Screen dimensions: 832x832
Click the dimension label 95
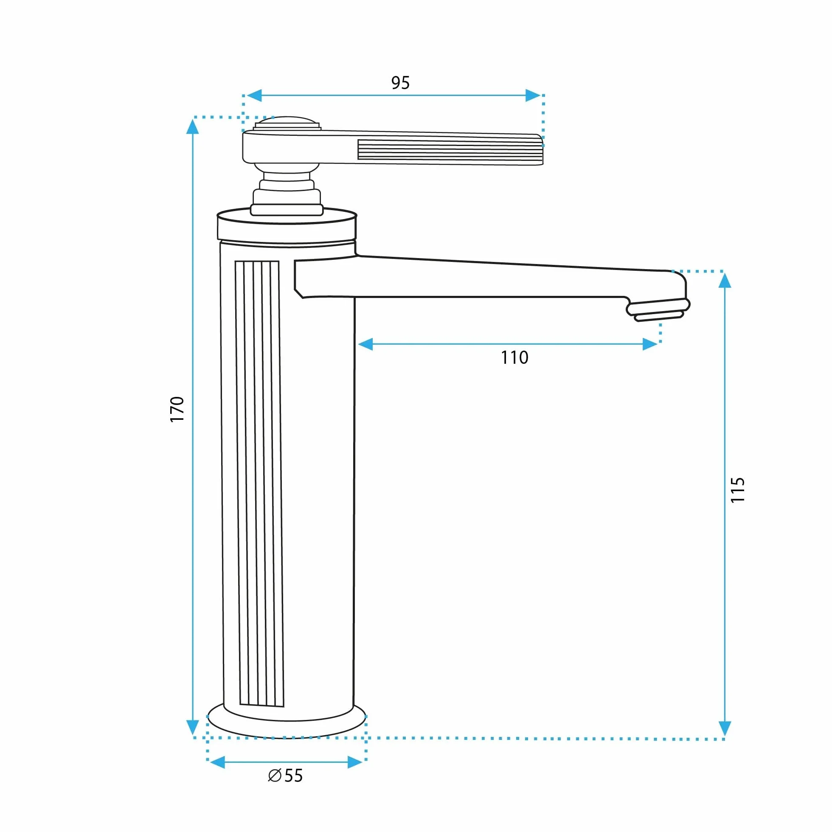point(400,82)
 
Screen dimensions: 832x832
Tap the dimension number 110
point(514,357)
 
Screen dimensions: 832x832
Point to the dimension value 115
point(738,489)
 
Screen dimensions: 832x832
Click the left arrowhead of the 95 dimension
point(254,95)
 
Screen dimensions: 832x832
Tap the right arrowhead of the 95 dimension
point(533,95)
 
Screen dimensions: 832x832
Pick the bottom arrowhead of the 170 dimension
point(192,727)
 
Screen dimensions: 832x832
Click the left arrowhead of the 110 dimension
point(365,344)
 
